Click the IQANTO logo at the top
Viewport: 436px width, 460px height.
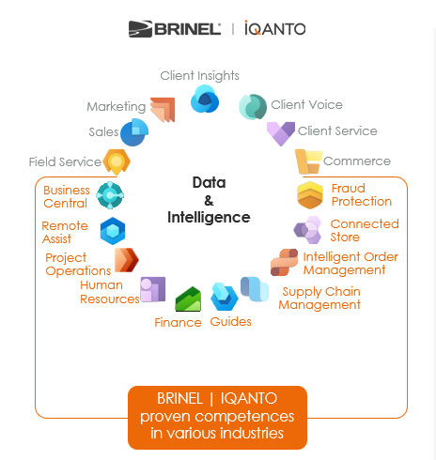pyautogui.click(x=274, y=29)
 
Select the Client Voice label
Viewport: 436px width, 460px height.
pyautogui.click(x=306, y=105)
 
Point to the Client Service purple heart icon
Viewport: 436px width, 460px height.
pyautogui.click(x=280, y=132)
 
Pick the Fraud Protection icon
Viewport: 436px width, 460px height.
pyautogui.click(x=310, y=195)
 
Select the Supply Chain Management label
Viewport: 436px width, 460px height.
pyautogui.click(x=320, y=298)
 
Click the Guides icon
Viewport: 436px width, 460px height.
pyautogui.click(x=224, y=298)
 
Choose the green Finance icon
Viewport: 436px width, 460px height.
pyautogui.click(x=190, y=300)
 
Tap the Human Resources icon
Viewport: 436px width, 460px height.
pyautogui.click(x=153, y=290)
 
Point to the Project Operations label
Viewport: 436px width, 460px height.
pyautogui.click(x=78, y=265)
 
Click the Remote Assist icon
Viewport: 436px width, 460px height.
pyautogui.click(x=113, y=230)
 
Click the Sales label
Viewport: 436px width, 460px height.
pyautogui.click(x=103, y=132)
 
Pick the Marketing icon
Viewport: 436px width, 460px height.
pyautogui.click(x=163, y=109)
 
